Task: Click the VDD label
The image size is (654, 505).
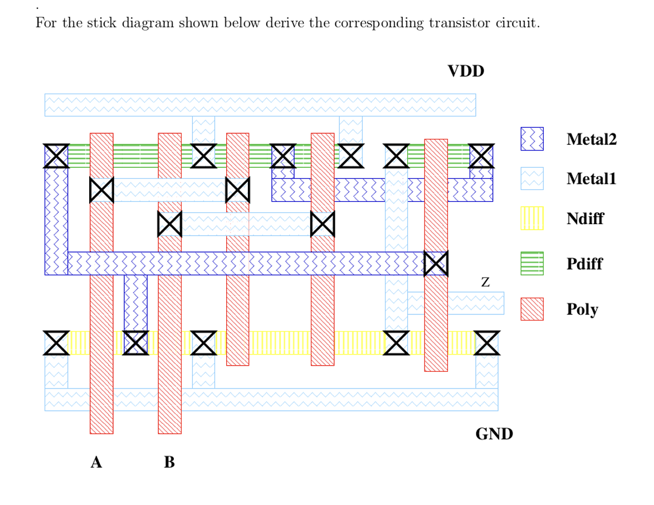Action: coord(466,71)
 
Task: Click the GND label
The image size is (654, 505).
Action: coord(494,434)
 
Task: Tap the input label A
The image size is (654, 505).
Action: coord(96,462)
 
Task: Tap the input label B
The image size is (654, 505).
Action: coord(169,462)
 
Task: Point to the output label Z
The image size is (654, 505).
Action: coord(485,283)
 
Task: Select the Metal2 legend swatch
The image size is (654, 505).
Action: coord(531,139)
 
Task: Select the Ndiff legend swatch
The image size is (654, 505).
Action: coord(531,218)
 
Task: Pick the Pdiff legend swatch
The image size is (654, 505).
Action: coord(531,263)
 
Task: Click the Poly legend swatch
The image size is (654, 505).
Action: coord(531,309)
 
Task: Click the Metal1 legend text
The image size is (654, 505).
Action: coord(591,179)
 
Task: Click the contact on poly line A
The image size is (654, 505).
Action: coord(101,190)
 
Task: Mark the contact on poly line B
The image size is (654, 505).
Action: coord(169,224)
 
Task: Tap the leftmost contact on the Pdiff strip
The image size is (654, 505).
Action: coord(56,156)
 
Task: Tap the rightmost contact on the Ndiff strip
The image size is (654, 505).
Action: coord(487,343)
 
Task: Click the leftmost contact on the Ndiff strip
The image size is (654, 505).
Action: coord(56,343)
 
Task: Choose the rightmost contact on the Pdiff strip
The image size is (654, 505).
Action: coord(481,156)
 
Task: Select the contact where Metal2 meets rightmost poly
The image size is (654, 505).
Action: coord(436,263)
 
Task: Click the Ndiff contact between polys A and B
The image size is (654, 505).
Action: coord(135,343)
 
